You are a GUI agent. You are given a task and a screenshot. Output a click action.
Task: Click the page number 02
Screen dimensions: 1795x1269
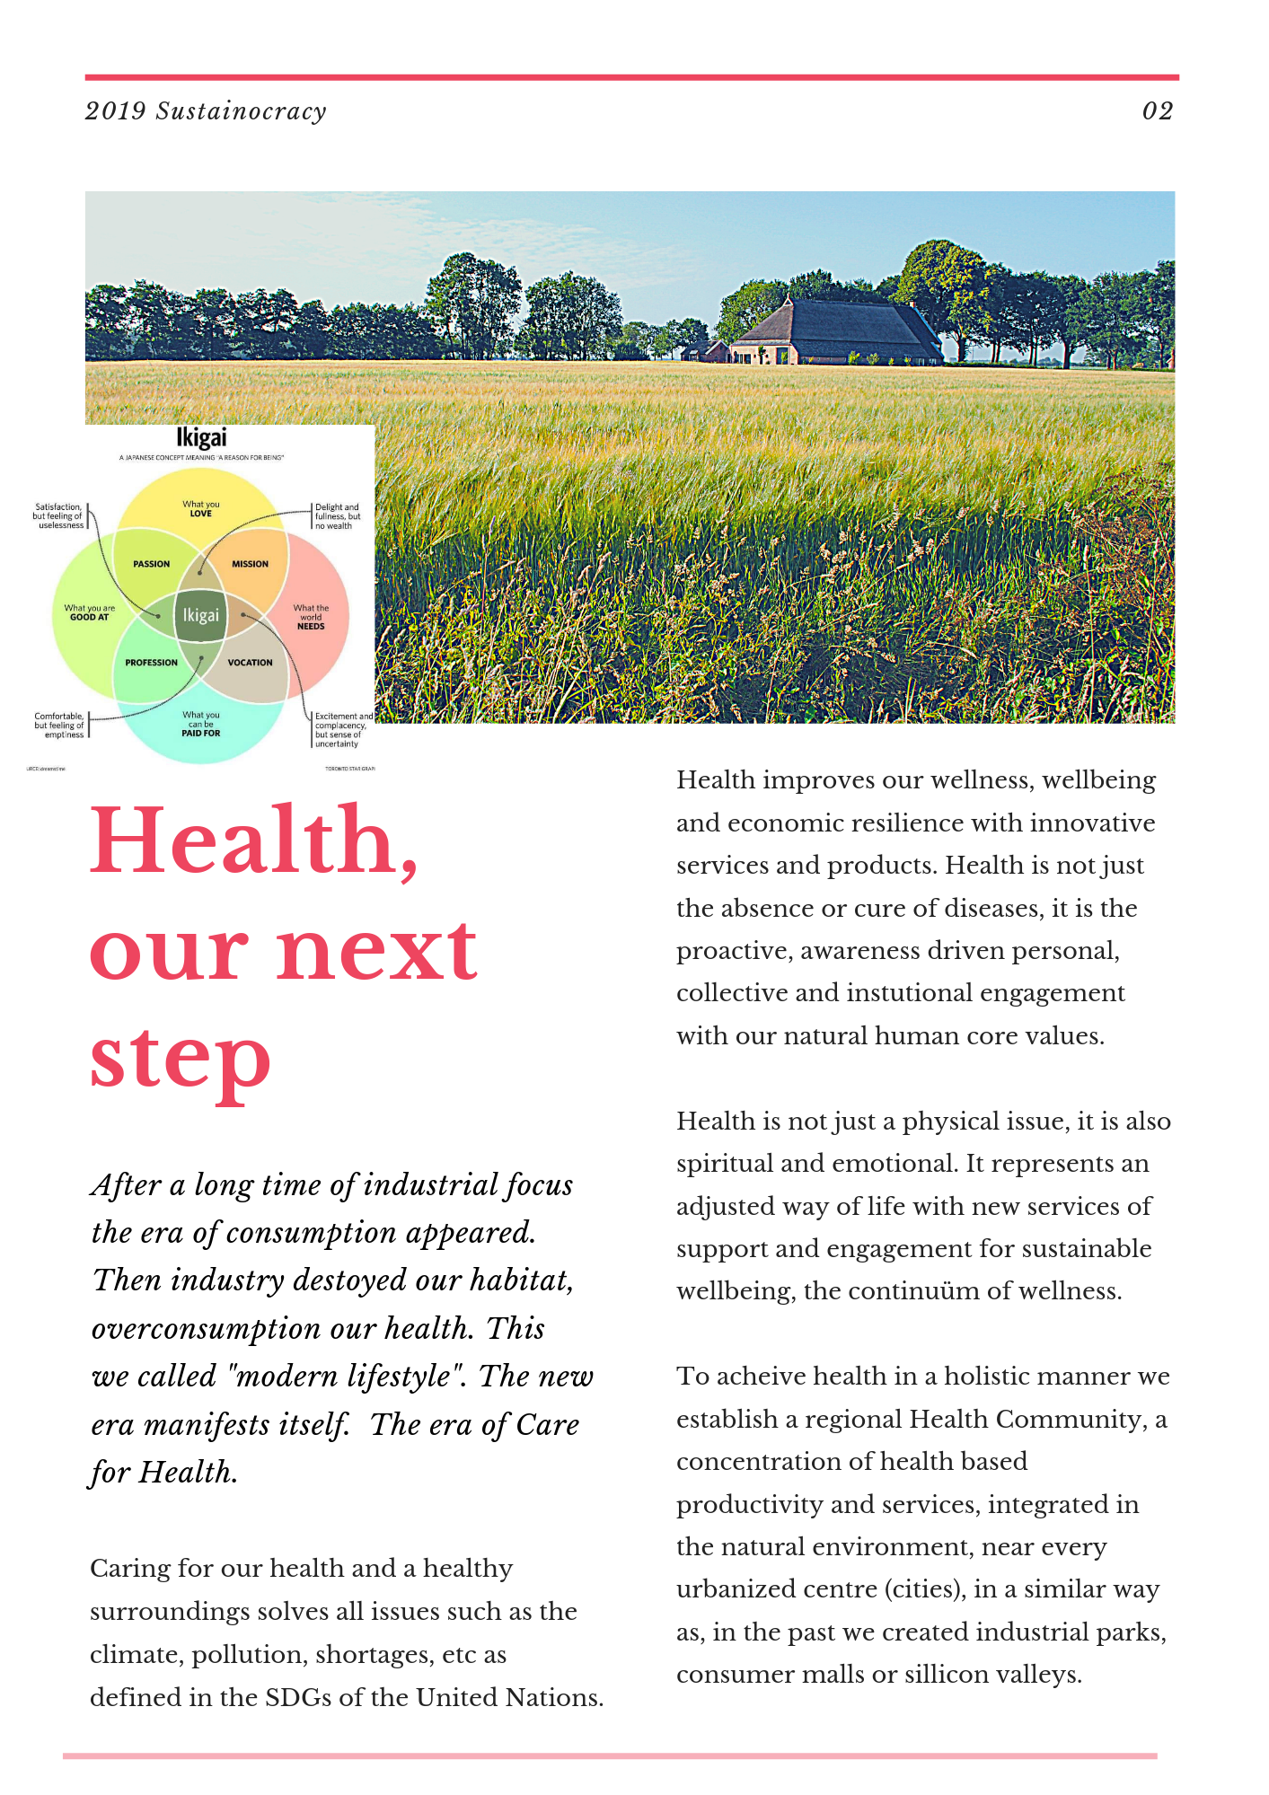1157,111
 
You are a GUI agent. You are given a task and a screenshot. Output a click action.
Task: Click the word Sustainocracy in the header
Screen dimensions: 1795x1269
241,111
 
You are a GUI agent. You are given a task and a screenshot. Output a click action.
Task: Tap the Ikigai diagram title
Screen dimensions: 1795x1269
201,438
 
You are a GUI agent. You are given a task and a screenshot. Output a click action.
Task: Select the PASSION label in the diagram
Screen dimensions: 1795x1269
151,564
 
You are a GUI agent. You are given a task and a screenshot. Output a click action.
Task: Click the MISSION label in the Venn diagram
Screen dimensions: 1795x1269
250,564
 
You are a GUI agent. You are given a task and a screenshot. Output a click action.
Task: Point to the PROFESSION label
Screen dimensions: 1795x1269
151,663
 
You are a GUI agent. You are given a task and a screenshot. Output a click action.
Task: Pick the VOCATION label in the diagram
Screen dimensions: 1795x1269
250,663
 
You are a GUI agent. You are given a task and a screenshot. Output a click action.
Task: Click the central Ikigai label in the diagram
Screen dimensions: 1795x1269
200,615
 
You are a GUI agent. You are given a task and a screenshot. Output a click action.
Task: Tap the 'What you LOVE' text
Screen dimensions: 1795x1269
200,509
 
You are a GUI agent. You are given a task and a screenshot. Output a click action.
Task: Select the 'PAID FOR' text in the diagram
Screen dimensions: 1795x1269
200,733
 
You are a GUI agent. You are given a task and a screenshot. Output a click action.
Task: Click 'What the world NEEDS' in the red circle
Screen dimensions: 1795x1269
311,617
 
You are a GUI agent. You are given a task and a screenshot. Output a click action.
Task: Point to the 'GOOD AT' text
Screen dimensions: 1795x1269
89,617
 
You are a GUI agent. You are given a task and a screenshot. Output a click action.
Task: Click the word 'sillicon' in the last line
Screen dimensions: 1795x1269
954,1675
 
